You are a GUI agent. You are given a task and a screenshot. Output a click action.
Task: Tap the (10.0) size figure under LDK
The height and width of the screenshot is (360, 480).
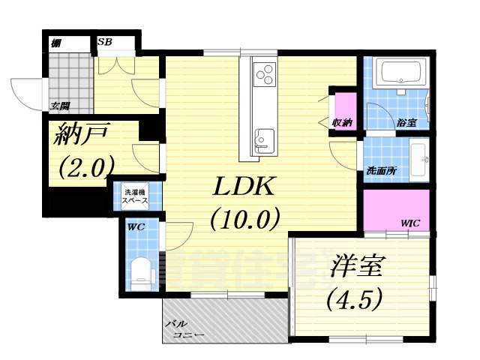pos(244,219)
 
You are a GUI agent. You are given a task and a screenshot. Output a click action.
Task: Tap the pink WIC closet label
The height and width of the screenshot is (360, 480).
pos(410,223)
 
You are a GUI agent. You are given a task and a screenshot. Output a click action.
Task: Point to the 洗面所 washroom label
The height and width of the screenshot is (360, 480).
pos(381,171)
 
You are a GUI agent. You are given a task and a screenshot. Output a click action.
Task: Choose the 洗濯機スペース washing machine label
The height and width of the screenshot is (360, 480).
pos(136,197)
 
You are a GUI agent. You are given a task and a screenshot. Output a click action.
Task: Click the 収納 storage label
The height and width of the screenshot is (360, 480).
pos(343,122)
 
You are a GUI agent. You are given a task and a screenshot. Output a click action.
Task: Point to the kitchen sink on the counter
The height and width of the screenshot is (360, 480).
pos(265,139)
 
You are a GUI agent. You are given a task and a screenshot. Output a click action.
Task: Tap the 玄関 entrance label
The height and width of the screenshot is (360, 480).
pos(60,105)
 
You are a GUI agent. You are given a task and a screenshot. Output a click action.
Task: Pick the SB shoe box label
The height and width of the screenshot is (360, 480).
pos(105,42)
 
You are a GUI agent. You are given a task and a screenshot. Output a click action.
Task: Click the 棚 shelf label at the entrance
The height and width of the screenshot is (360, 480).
pos(56,42)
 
